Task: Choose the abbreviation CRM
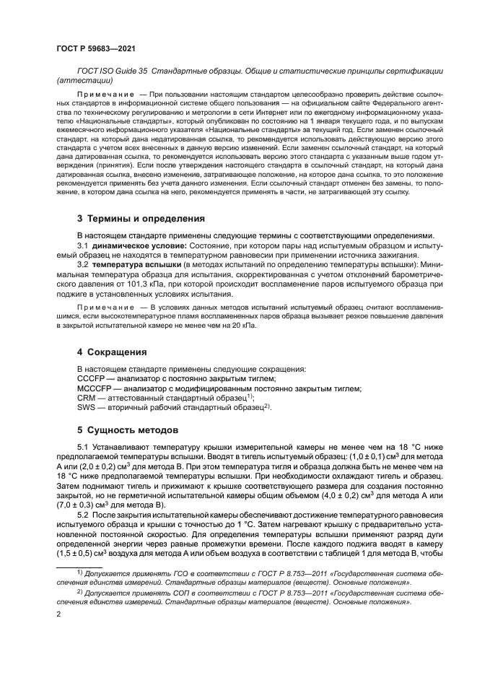point(86,398)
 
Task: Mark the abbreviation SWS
point(86,408)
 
